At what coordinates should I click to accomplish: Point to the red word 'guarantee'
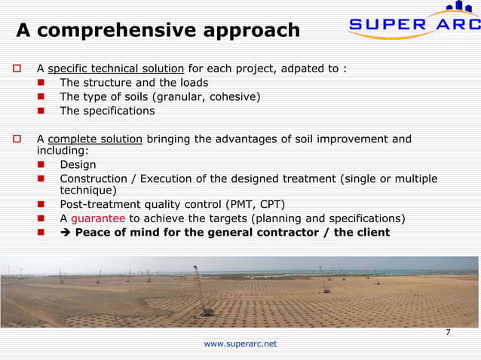coord(98,218)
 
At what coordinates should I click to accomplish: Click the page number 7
coord(448,332)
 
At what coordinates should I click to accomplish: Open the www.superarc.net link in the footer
coord(240,343)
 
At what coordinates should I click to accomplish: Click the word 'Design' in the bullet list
coord(78,165)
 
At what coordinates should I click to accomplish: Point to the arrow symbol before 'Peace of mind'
coord(66,232)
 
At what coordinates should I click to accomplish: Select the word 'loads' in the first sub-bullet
coord(193,83)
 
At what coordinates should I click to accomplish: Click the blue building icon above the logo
coord(461,8)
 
